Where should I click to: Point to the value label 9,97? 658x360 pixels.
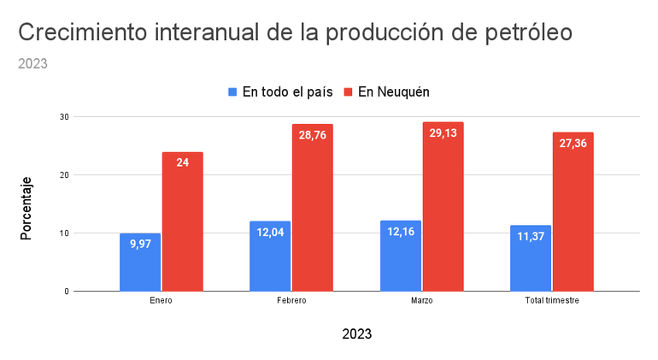[140, 244]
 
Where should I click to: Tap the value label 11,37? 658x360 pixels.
[531, 236]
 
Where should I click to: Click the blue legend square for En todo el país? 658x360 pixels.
[232, 91]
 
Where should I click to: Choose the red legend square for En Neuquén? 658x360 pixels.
[348, 91]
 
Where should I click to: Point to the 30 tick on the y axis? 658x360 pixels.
[64, 116]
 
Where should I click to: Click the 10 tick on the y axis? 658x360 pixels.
[64, 233]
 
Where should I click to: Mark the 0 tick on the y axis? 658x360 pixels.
[66, 292]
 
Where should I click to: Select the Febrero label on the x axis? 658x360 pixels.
[291, 302]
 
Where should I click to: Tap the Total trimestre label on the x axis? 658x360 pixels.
[551, 302]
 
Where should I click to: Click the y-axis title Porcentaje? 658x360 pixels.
[26, 208]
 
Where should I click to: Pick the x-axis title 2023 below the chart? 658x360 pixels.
[356, 333]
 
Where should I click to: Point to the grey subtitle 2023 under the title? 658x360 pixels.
[32, 63]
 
